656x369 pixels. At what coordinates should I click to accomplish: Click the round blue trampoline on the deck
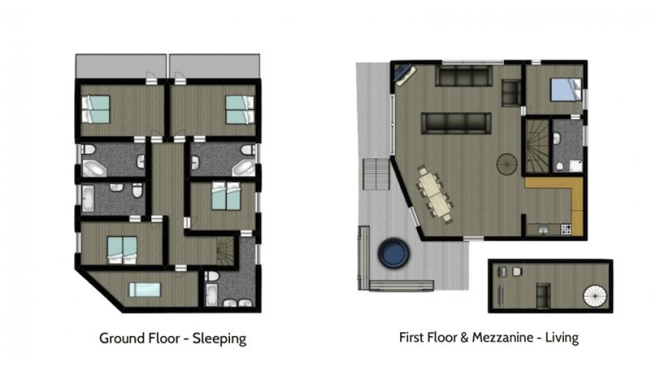[393, 253]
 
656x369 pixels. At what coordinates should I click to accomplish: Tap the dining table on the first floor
[435, 194]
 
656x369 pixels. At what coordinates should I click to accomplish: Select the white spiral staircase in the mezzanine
[595, 296]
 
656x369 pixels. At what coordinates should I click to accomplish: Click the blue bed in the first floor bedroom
[565, 89]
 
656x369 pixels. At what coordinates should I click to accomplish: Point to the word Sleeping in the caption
[219, 338]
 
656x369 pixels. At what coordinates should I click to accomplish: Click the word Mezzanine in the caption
[503, 337]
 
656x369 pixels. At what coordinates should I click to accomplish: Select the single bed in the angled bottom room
[144, 290]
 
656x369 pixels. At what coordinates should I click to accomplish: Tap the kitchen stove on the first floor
[565, 229]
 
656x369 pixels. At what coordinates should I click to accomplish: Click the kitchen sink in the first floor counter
[544, 229]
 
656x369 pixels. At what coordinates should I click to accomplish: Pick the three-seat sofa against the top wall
[463, 76]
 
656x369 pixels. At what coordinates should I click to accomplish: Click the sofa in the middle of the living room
[456, 123]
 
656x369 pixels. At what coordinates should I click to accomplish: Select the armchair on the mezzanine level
[543, 291]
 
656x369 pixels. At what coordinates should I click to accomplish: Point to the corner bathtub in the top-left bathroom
[94, 168]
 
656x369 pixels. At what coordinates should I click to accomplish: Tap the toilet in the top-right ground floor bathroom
[247, 150]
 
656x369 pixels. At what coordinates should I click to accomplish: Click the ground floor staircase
[225, 251]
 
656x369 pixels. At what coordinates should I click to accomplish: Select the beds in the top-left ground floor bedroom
[96, 109]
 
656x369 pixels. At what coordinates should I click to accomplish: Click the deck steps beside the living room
[376, 174]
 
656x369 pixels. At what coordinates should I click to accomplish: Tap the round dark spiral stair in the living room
[507, 164]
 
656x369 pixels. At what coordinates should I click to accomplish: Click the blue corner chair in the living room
[404, 74]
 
